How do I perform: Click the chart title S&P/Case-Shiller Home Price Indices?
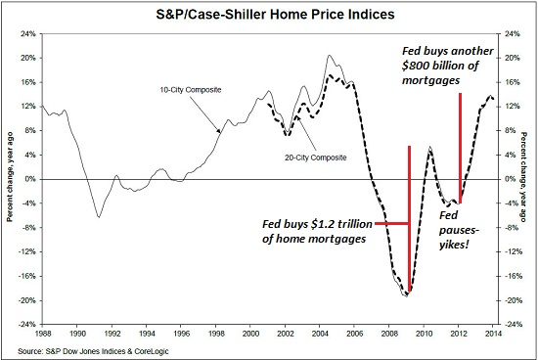click(x=269, y=14)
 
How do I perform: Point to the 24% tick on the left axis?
click(x=28, y=32)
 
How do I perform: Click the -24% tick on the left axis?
click(x=26, y=324)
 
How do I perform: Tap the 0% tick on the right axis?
click(x=512, y=178)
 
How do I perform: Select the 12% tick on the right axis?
click(x=513, y=106)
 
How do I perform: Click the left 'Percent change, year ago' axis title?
click(x=9, y=179)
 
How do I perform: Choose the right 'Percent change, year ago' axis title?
click(x=529, y=179)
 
